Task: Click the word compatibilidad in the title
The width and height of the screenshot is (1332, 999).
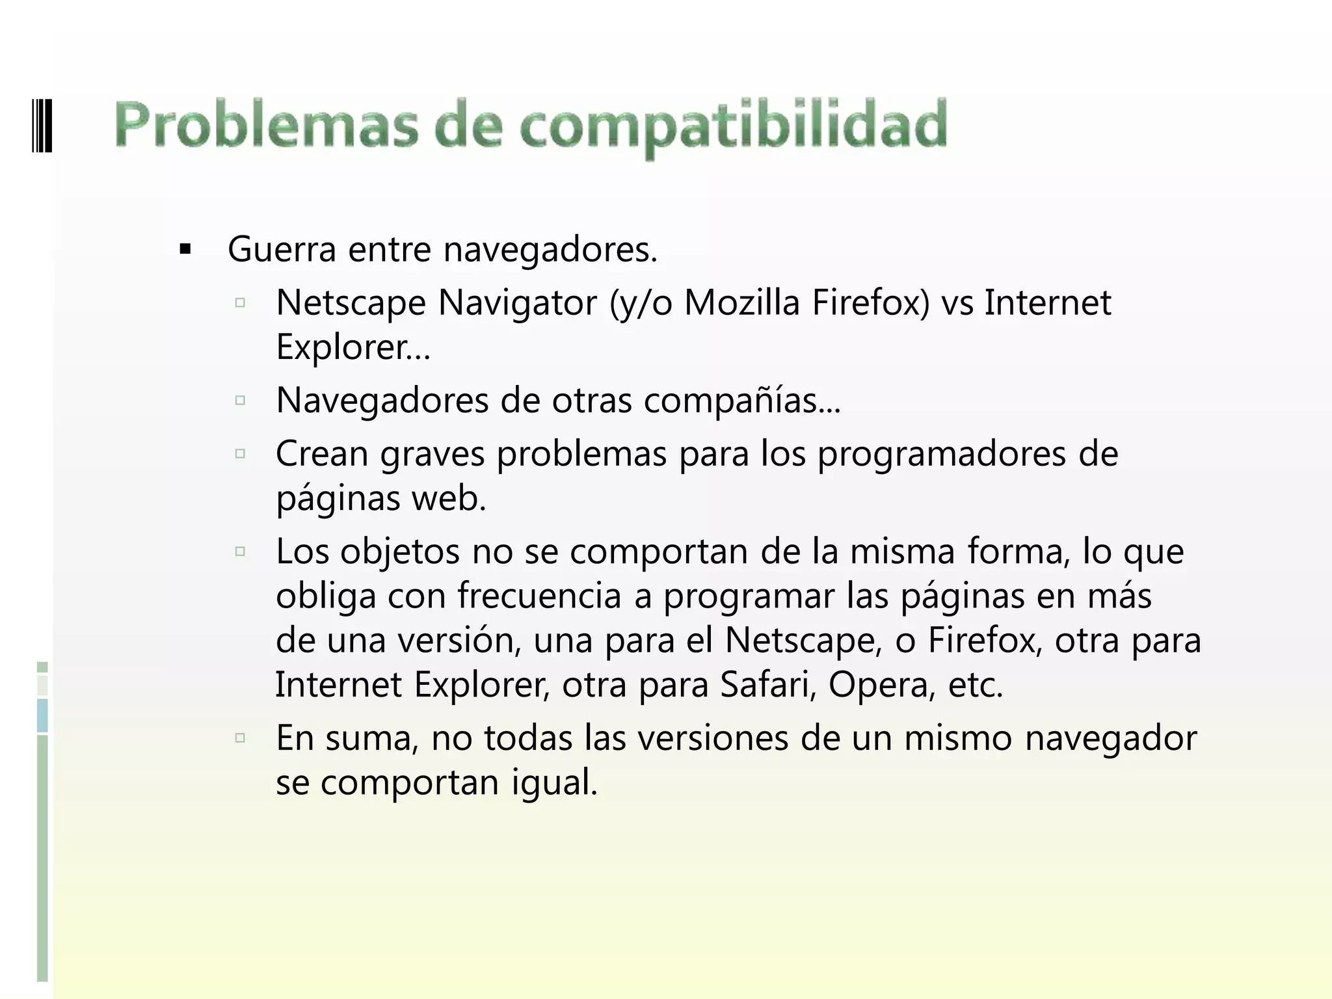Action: [x=733, y=126]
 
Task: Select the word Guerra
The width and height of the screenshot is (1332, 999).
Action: [x=282, y=249]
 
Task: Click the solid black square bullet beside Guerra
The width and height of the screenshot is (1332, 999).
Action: [x=185, y=249]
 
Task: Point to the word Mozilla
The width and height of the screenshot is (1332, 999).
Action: [x=742, y=302]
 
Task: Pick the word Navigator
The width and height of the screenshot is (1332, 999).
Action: [x=518, y=302]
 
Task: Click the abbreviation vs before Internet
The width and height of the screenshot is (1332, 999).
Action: [x=957, y=304]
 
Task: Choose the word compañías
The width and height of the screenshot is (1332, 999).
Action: [x=741, y=400]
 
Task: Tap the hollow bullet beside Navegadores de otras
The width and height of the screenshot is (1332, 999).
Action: [x=240, y=400]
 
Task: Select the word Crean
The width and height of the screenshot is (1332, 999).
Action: [x=322, y=453]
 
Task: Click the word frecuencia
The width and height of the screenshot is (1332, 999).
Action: [x=539, y=596]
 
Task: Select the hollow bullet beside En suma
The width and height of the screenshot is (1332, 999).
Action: [x=240, y=738]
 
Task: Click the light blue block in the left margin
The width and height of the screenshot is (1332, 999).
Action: [x=42, y=715]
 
